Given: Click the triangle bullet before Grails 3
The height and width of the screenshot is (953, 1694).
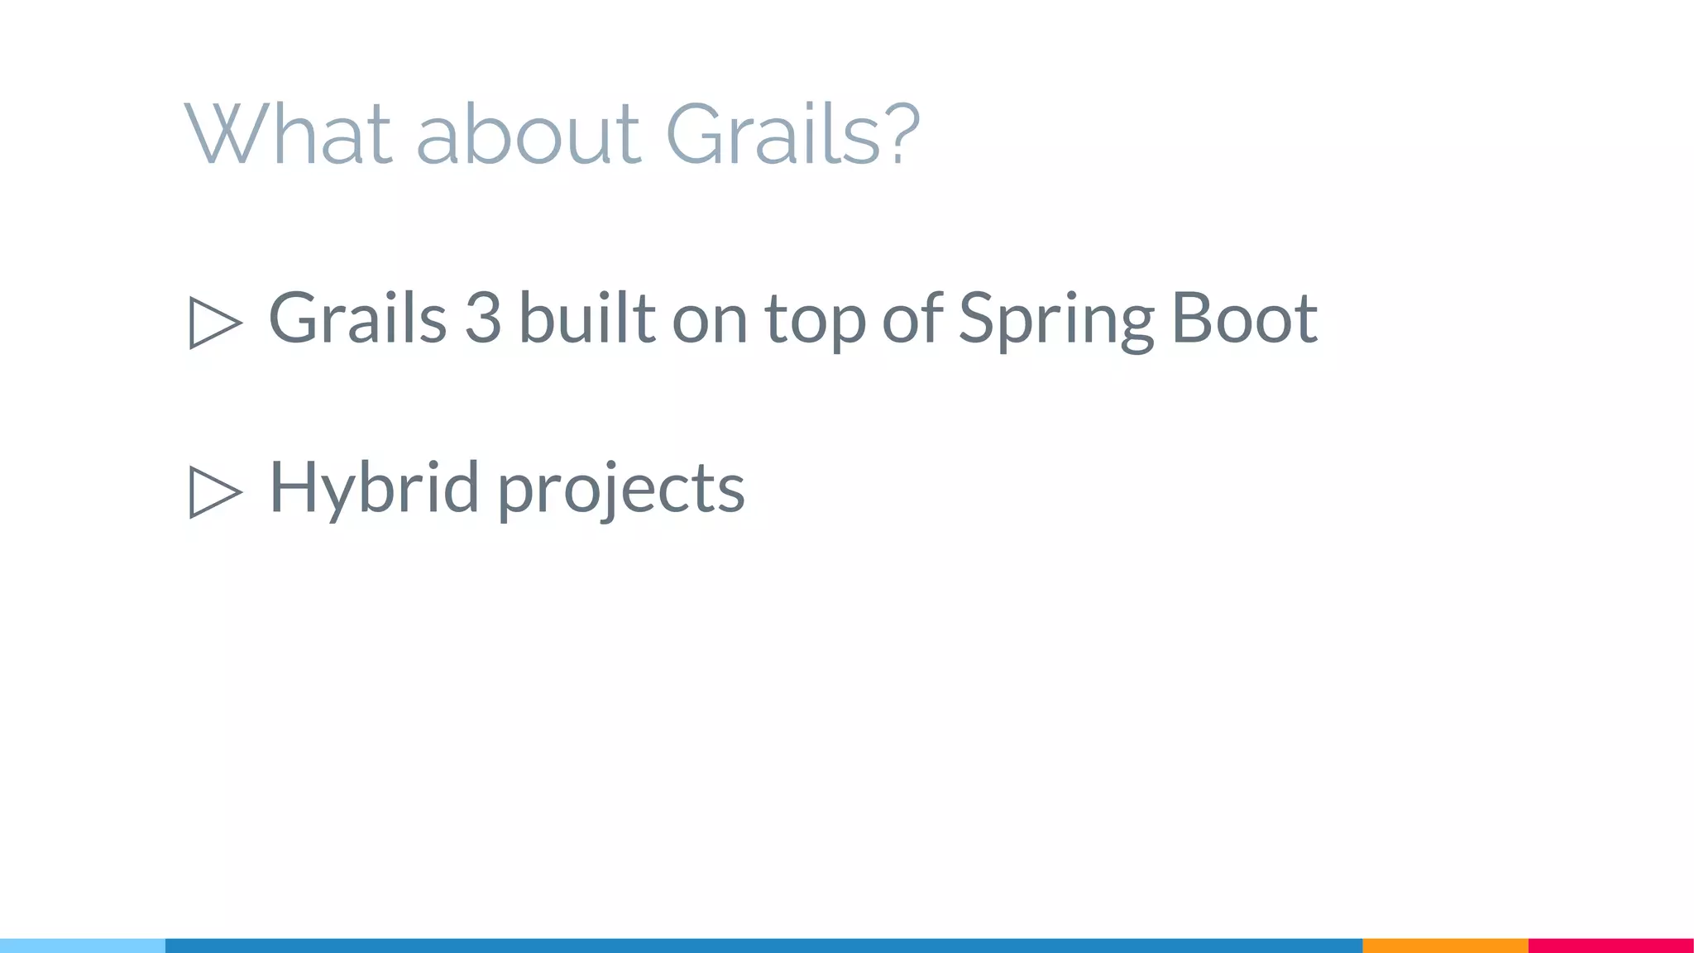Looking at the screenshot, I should [214, 322].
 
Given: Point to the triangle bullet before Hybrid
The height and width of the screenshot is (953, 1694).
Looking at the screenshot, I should [214, 491].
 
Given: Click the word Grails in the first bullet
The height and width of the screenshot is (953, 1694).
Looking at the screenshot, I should [357, 318].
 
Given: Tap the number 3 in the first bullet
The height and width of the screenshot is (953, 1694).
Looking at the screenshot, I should [483, 318].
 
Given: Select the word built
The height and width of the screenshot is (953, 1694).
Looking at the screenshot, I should [587, 318].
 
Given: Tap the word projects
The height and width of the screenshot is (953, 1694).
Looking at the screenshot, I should [621, 490].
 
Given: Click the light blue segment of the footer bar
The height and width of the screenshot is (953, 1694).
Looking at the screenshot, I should [83, 946].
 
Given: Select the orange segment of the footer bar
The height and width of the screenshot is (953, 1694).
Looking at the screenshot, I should [1445, 946].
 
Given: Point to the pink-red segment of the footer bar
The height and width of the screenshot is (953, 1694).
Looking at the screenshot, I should [1610, 946].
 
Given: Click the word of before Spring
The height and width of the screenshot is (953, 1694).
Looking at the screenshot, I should [912, 318].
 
